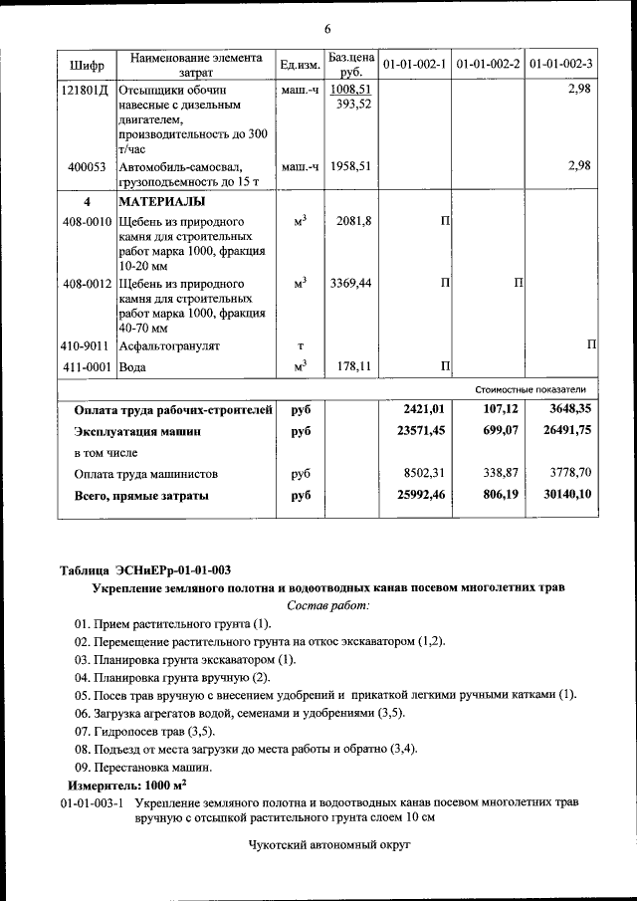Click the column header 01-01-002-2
coord(488,65)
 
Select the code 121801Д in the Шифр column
coord(86,90)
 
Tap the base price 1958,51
coord(350,166)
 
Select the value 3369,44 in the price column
coord(350,284)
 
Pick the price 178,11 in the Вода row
coord(353,367)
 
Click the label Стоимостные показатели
coord(537,389)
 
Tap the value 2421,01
coord(423,409)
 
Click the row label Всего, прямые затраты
coord(142,495)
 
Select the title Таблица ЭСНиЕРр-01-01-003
coord(145,570)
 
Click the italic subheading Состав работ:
coord(327,605)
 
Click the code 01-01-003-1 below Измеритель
coord(92,802)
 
